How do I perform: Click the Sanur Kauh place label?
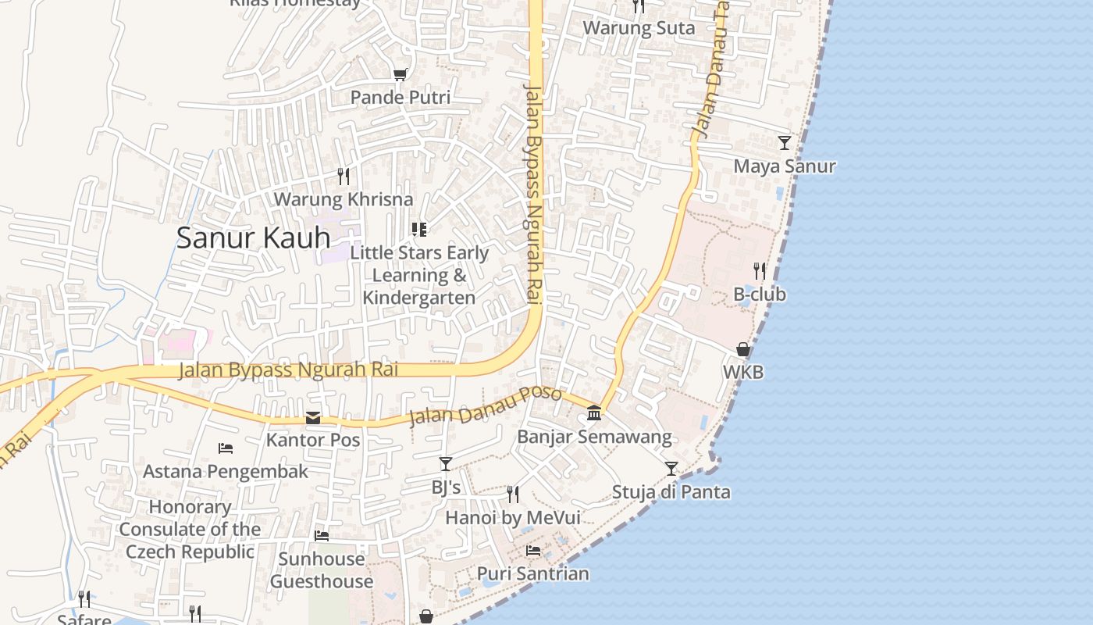click(x=253, y=237)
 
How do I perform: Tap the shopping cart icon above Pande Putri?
click(x=401, y=74)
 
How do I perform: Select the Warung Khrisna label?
click(x=343, y=199)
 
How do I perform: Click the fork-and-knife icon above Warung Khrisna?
click(x=343, y=176)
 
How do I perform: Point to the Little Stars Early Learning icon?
click(x=419, y=229)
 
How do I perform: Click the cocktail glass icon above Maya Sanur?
click(x=785, y=143)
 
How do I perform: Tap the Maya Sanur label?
click(x=785, y=166)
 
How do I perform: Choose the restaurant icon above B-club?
click(x=760, y=271)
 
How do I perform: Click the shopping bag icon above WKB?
click(x=743, y=349)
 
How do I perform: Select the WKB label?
click(x=743, y=373)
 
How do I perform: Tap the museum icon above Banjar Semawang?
click(x=594, y=412)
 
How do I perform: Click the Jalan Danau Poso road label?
click(x=485, y=406)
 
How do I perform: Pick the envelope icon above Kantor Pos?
click(x=313, y=417)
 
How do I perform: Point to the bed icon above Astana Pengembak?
click(x=226, y=448)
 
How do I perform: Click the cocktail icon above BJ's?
click(x=445, y=464)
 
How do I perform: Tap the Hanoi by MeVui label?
click(x=512, y=517)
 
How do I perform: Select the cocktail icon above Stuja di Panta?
click(x=671, y=469)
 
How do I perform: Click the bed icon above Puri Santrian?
click(x=533, y=551)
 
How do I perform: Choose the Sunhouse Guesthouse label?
click(x=322, y=570)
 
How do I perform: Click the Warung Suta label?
click(x=639, y=28)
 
